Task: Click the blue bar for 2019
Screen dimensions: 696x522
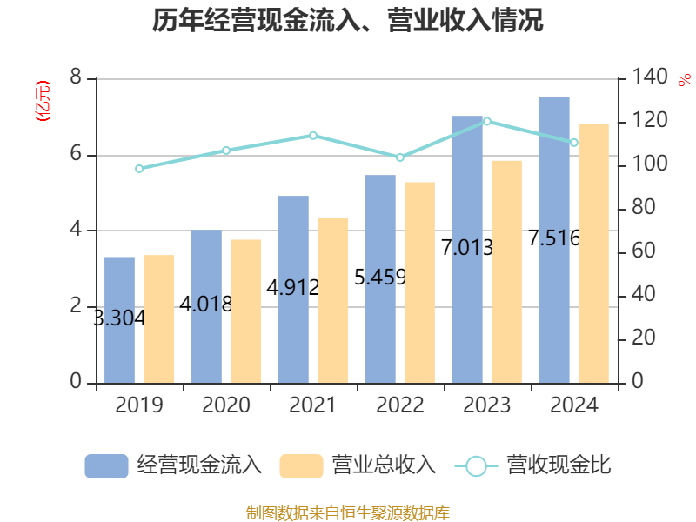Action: coord(119,320)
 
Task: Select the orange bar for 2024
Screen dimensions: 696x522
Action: coord(593,253)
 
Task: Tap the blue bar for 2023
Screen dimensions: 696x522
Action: coord(467,250)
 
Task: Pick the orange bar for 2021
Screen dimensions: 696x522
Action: coord(333,300)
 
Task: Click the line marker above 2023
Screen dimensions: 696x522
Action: coord(487,121)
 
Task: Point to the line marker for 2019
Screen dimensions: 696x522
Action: coord(139,169)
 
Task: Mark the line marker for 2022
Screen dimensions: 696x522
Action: coord(400,157)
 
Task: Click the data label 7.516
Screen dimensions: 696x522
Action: coord(554,238)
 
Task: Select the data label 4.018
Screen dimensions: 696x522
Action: coord(205,304)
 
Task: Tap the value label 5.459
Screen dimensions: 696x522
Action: coord(380,278)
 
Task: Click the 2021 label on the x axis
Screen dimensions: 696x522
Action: coord(313,405)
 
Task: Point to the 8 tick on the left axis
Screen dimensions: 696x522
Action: coord(76,77)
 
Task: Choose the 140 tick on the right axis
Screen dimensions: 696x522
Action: coord(649,77)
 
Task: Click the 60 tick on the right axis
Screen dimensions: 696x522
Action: coord(644,251)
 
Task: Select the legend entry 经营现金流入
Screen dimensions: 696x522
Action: coord(173,465)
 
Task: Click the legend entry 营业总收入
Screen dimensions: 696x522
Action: coord(358,465)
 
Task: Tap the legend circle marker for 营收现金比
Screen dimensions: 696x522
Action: coord(476,466)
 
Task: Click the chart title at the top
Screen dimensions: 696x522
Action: coord(347,20)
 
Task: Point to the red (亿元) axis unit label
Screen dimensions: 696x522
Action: coord(43,101)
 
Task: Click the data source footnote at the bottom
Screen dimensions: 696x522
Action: coord(348,512)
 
